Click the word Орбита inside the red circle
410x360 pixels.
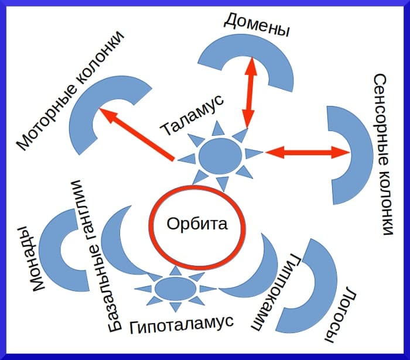(x=196, y=224)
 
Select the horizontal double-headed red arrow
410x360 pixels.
(x=307, y=153)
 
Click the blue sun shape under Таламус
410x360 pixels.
(x=220, y=156)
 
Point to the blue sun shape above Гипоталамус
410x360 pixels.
(x=175, y=289)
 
